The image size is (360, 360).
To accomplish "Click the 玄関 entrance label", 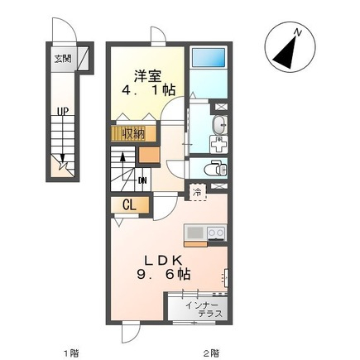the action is (x=63, y=59).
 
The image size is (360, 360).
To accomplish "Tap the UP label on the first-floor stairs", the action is (x=63, y=112).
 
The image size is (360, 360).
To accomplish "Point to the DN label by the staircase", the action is (x=142, y=180).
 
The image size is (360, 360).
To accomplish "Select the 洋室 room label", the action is (x=148, y=76).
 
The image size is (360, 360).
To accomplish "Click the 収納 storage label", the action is (x=134, y=134).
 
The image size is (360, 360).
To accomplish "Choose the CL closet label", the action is (x=129, y=204).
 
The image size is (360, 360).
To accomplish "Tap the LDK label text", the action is (x=163, y=261).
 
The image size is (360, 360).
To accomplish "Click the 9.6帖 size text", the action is (x=164, y=274).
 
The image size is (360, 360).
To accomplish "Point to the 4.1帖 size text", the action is (x=149, y=89).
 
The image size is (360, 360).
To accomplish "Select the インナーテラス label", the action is (x=204, y=310).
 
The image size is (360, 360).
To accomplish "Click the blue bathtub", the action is (x=209, y=57).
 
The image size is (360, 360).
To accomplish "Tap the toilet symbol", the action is (x=215, y=168).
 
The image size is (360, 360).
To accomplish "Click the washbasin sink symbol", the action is (x=219, y=125).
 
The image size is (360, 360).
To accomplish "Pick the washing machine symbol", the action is (x=218, y=144).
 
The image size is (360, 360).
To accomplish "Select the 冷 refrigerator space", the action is (x=198, y=192).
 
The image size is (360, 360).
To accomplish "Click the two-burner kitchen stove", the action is (x=216, y=233).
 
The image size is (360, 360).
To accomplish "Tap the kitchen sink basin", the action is (x=195, y=233).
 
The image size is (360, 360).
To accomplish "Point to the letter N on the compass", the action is (x=298, y=32).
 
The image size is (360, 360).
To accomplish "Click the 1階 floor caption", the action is (x=71, y=353).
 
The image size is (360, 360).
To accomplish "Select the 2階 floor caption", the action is (x=212, y=353).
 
